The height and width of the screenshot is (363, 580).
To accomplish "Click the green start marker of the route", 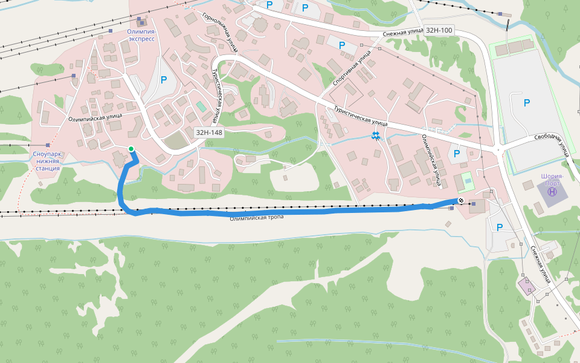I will [x=130, y=149].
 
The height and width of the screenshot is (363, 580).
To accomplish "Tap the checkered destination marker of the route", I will [x=461, y=200].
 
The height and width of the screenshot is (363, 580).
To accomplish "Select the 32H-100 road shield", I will [x=439, y=30].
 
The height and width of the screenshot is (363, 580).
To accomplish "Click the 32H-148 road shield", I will [x=208, y=132].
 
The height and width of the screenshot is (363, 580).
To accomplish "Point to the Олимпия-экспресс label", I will [x=141, y=34].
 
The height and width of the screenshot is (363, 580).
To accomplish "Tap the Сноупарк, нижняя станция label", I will [x=47, y=161].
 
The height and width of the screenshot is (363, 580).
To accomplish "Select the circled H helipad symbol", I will [x=552, y=192].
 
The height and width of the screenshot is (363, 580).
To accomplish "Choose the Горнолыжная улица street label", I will [x=220, y=33].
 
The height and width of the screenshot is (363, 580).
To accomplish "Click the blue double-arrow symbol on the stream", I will [x=376, y=136].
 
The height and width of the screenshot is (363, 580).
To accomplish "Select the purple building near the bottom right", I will [x=526, y=285].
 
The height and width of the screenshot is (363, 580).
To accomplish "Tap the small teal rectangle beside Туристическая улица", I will [x=201, y=106].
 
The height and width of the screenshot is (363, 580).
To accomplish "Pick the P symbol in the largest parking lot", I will [x=527, y=103].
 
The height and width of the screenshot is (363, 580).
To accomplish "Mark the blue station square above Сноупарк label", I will [x=48, y=145].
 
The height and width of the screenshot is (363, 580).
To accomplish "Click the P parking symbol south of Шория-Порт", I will [x=499, y=227].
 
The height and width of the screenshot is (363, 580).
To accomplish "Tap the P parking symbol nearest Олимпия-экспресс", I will [x=163, y=79].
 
